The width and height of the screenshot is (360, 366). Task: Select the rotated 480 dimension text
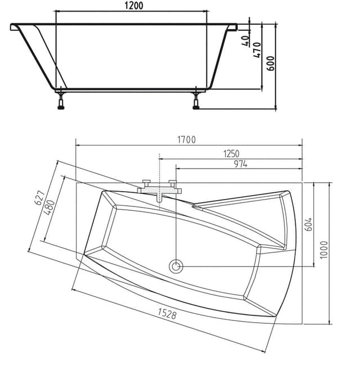49,207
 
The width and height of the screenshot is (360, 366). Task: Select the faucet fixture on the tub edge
159,188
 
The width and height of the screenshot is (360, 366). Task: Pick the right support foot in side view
196,101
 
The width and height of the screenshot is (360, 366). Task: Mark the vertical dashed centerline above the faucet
160,166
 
